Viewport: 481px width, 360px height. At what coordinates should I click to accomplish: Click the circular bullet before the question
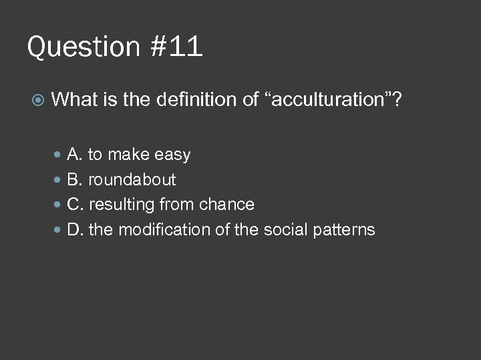[38, 101]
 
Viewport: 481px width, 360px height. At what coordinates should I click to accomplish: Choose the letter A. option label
[75, 155]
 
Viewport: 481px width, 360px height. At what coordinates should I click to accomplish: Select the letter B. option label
[75, 180]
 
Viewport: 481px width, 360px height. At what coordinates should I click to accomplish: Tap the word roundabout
[132, 180]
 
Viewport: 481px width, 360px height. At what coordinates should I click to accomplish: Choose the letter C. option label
[75, 205]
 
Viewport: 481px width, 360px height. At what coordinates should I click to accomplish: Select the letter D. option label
[75, 230]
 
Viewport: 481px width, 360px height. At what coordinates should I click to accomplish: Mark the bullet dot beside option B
[57, 180]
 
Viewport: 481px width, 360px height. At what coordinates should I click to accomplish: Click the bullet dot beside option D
[57, 230]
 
